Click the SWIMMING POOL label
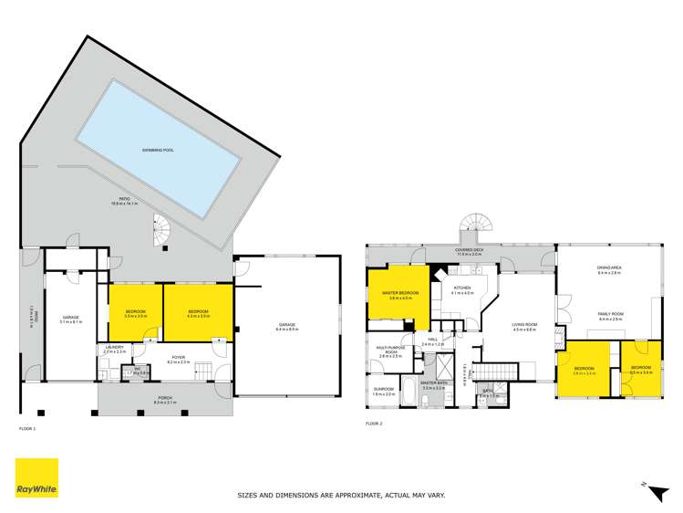[159, 149]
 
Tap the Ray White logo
[36, 478]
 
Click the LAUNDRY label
[114, 348]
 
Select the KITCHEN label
[462, 291]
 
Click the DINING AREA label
[608, 269]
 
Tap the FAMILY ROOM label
[610, 315]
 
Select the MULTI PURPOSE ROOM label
[390, 351]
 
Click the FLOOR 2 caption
[375, 424]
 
